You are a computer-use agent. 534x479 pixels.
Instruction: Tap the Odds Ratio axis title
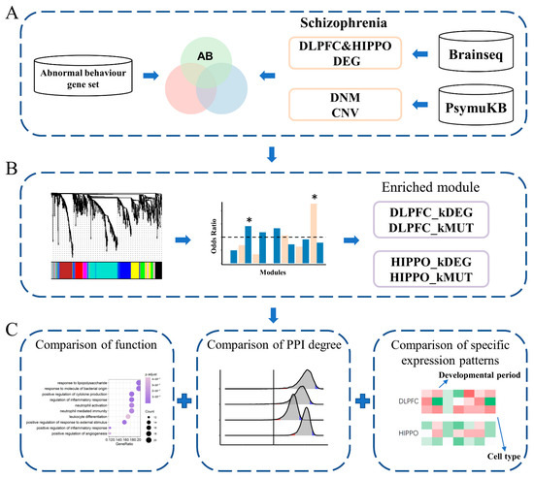click(216, 234)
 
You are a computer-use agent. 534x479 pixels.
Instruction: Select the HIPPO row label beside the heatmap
click(395, 436)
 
